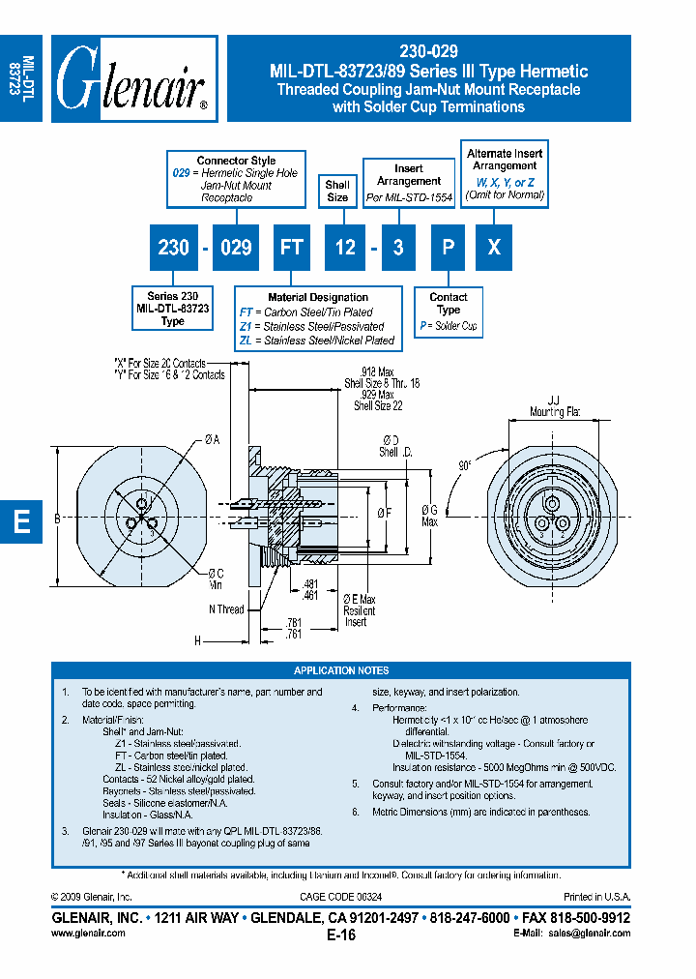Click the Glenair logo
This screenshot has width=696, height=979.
[133, 78]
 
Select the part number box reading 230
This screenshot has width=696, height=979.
[173, 248]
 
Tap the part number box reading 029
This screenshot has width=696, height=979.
[236, 248]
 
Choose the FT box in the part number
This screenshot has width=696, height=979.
[291, 248]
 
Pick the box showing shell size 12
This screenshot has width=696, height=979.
[344, 248]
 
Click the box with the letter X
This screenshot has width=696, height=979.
[494, 248]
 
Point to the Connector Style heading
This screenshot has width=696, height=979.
[236, 161]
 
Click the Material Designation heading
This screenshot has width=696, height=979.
[317, 297]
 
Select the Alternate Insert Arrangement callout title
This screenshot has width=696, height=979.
[504, 160]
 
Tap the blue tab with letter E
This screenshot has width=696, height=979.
[21, 522]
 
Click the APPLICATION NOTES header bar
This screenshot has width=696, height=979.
[341, 670]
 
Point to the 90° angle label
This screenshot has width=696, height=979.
[465, 465]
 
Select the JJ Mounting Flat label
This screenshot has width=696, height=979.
[553, 405]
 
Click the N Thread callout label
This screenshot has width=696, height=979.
[226, 609]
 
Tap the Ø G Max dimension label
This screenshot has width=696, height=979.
[431, 516]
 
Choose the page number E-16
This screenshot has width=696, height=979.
[340, 934]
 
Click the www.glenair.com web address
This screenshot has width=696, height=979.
[87, 934]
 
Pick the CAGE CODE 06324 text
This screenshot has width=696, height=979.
[340, 898]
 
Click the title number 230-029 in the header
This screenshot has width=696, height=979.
[428, 52]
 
